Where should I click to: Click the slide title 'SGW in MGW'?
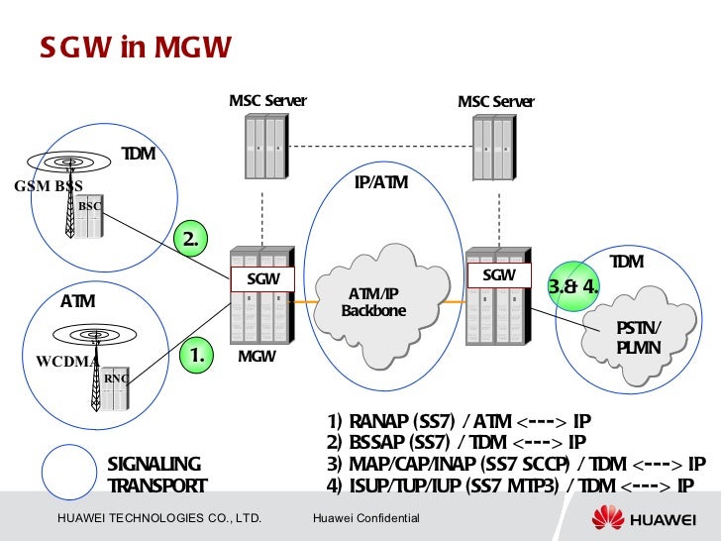tap(135, 47)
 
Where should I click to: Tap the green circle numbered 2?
tap(192, 239)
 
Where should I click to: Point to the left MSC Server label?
tap(267, 101)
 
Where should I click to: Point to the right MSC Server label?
tap(495, 101)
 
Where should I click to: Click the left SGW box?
tap(262, 279)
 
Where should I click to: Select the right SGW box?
tap(498, 275)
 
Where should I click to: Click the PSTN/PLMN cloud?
tap(639, 338)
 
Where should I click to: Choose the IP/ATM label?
tap(380, 183)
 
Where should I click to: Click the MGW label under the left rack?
tap(257, 355)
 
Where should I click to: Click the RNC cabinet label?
tap(115, 378)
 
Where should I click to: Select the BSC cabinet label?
tap(90, 205)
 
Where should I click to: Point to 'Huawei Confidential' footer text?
tap(365, 519)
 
